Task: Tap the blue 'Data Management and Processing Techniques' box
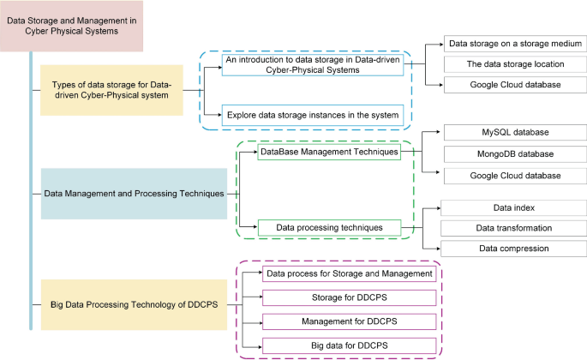pos(134,194)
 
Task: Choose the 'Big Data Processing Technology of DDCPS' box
pos(128,304)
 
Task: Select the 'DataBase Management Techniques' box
pos(329,152)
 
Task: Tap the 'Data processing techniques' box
pos(329,228)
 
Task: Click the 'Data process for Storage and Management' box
pos(349,273)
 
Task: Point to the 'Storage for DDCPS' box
pos(349,297)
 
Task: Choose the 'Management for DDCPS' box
pos(349,321)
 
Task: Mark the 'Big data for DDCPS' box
pos(349,345)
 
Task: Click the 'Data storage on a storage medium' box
pos(514,43)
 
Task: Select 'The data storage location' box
pos(514,64)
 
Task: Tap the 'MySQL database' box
pos(514,133)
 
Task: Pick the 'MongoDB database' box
pos(514,154)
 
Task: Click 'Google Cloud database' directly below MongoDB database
pos(514,175)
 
